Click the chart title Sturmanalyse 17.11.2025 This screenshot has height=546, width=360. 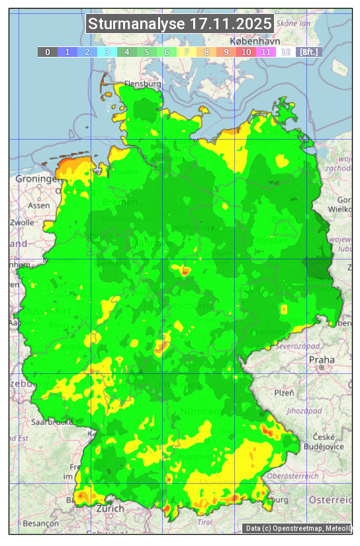point(180,24)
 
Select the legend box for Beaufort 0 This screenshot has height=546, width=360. point(48,52)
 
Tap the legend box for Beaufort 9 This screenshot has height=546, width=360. point(226,52)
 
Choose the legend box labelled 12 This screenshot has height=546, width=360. point(286,52)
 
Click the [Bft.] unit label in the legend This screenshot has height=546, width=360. point(308,52)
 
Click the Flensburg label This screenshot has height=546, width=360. point(143,85)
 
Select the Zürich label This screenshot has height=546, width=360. point(110,508)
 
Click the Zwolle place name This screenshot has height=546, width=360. point(22,222)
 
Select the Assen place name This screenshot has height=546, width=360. point(39,205)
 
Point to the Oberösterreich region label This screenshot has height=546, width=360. point(293,476)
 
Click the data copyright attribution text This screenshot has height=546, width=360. point(298,528)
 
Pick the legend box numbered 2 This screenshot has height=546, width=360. point(87,52)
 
